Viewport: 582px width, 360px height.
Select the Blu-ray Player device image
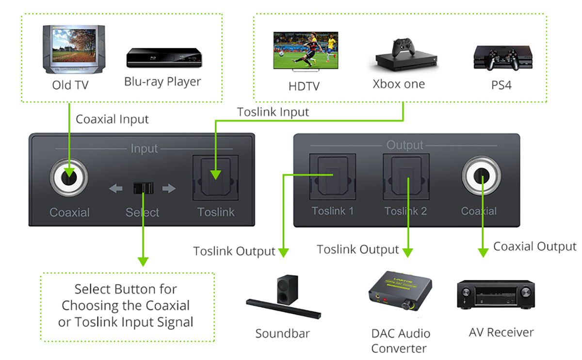pyautogui.click(x=163, y=58)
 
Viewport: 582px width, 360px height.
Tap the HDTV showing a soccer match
pyautogui.click(x=306, y=51)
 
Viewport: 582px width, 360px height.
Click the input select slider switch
pyautogui.click(x=143, y=188)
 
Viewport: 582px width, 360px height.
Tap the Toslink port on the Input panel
pyautogui.click(x=216, y=178)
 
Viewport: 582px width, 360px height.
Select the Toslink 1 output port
pyautogui.click(x=332, y=177)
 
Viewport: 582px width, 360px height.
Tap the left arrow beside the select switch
pyautogui.click(x=115, y=188)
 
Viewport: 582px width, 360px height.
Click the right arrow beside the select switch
pyautogui.click(x=169, y=188)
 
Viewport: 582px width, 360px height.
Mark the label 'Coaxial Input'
pyautogui.click(x=112, y=119)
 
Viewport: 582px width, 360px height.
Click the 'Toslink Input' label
pyautogui.click(x=273, y=112)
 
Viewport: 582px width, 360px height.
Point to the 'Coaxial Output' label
pyautogui.click(x=534, y=246)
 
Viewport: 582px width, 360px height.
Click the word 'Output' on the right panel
pyautogui.click(x=405, y=145)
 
